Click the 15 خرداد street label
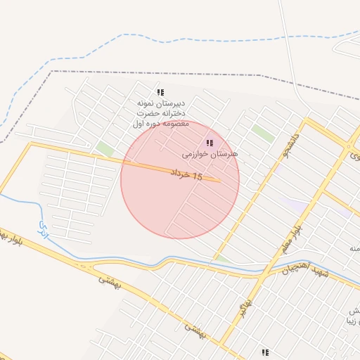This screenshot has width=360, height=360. click(x=186, y=174)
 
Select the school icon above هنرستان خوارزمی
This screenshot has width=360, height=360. click(x=210, y=143)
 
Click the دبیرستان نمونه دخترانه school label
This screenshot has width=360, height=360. click(x=162, y=112)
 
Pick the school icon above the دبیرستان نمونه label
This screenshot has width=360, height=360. click(x=160, y=92)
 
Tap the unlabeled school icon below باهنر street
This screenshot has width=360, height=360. click(x=265, y=352)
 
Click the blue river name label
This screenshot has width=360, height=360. click(x=44, y=228)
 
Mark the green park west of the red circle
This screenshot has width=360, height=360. click(x=105, y=149)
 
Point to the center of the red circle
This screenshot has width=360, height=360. click(x=180, y=180)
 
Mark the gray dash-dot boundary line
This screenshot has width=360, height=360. click(x=176, y=72)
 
